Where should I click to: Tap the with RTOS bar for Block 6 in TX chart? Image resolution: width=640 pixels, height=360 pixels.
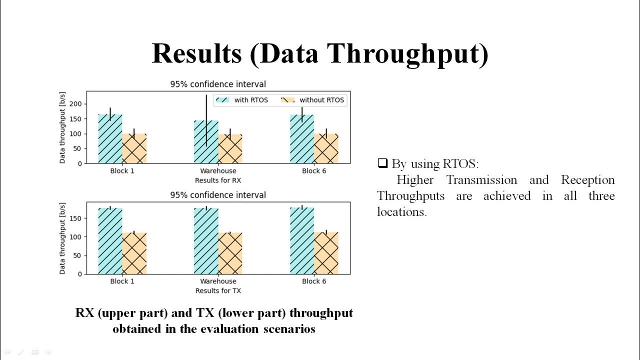pos(302,240)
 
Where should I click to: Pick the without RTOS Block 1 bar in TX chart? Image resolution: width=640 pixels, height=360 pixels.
pos(134,253)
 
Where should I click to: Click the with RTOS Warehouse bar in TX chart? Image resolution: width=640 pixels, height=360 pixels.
pos(206,240)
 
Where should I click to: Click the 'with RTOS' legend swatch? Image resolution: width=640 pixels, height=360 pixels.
pos(222,100)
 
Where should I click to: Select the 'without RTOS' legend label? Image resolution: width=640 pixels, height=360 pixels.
pos(321,100)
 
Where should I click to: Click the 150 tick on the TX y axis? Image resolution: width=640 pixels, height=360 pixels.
pos(76,218)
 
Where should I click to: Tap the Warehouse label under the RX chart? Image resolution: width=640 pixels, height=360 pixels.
pos(218,171)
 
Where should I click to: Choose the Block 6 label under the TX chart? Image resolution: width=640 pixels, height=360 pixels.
pos(314,281)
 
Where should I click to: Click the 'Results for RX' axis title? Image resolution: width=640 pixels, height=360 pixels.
pos(218,180)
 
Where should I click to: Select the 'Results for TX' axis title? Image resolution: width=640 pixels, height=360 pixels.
pos(218,290)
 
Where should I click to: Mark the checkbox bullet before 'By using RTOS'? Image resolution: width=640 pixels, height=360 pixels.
pos(382,163)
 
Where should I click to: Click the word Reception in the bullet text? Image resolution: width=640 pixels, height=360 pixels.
pos(587,180)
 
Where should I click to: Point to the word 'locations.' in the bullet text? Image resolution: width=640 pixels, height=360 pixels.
pos(401,211)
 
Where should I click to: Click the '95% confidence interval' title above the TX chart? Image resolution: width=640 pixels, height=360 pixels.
pos(218,195)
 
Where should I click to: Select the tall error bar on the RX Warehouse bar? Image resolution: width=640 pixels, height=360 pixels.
pos(206,120)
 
